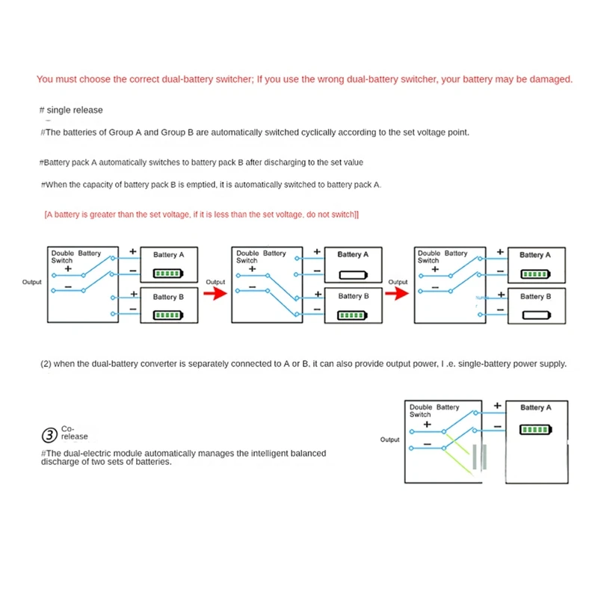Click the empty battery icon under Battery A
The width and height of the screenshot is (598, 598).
pyautogui.click(x=349, y=274)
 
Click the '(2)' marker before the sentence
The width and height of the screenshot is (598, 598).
pyautogui.click(x=46, y=364)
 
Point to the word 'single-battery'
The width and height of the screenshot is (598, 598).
pyautogui.click(x=484, y=364)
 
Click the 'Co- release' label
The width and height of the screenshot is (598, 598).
pyautogui.click(x=75, y=433)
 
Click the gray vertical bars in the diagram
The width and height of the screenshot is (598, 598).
pyautogui.click(x=480, y=457)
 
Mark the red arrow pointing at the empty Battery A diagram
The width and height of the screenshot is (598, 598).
pyautogui.click(x=215, y=294)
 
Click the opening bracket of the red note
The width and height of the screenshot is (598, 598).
pyautogui.click(x=46, y=215)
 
